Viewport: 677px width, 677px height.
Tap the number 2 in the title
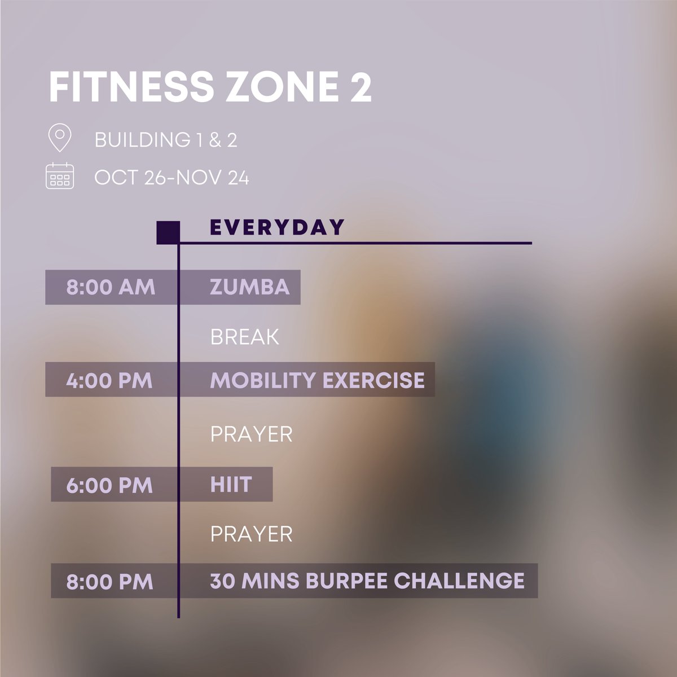360,87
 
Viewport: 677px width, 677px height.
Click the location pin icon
60,138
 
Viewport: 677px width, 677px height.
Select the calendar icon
60,175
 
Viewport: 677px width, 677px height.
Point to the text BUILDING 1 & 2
166,140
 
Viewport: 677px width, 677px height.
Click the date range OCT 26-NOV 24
172,178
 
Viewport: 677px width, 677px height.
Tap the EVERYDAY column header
276,227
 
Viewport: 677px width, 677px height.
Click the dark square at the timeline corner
168,232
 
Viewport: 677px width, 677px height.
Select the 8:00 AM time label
111,287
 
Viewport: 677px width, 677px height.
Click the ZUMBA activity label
249,287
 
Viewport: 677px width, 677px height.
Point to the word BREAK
244,337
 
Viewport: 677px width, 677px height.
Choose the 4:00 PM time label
109,380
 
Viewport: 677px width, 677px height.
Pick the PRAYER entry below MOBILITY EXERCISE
251,434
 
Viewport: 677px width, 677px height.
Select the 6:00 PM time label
109,485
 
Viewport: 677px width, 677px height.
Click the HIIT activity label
230,485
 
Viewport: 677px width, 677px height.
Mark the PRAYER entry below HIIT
251,534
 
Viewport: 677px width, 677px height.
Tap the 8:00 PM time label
109,582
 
